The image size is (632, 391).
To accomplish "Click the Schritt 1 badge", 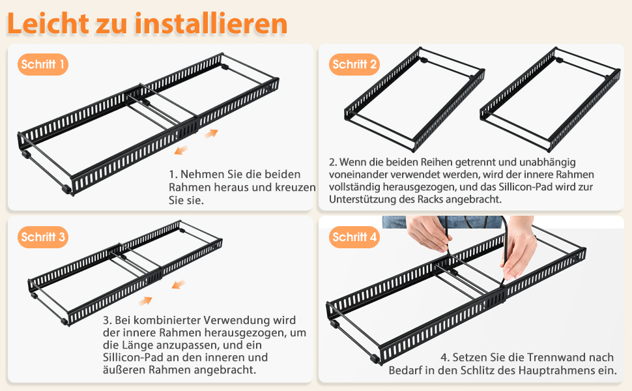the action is point(43,65).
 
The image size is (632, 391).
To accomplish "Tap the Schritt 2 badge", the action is point(354,64).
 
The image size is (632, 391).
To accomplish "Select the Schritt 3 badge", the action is point(43,237).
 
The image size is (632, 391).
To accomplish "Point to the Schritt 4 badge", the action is point(354,237).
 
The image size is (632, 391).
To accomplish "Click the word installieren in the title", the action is point(212,23).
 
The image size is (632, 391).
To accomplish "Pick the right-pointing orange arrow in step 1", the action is point(211,134).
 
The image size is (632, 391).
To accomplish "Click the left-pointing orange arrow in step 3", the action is point(177,284).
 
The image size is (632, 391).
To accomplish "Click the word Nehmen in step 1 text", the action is point(203,175).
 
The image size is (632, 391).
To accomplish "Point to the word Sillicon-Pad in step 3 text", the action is point(134,358).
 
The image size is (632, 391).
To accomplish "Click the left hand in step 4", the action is point(429,235).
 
